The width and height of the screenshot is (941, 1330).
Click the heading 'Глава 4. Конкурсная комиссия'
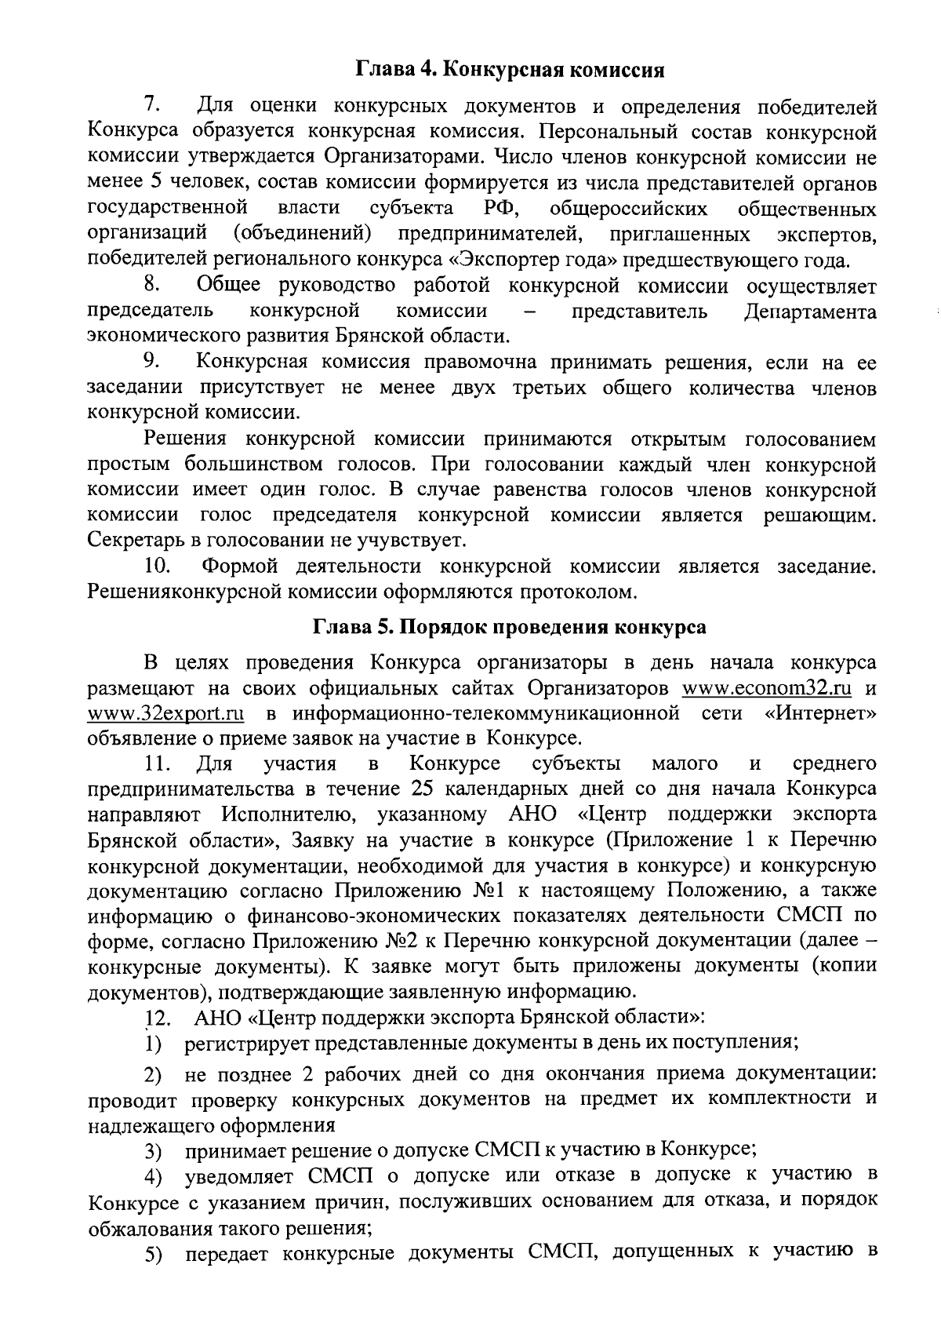pos(510,70)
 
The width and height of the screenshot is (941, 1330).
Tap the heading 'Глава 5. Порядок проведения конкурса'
pos(510,628)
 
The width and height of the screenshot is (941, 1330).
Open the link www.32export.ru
pos(165,713)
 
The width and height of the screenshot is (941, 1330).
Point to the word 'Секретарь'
pos(136,540)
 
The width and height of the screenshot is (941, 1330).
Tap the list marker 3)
pos(152,1152)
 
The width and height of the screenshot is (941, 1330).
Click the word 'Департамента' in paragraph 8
pos(809,312)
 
